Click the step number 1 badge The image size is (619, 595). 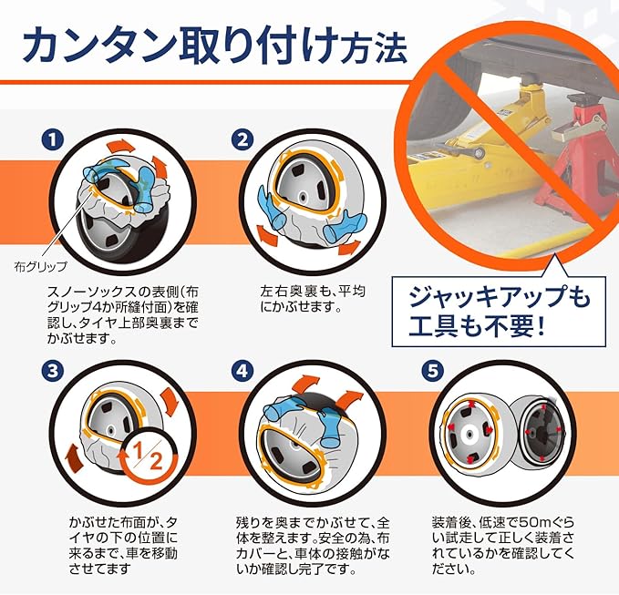tap(53, 140)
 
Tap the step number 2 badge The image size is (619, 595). tap(242, 140)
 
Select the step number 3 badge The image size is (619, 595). tap(53, 371)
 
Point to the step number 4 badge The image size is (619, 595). tap(242, 371)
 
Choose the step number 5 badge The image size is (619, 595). tap(433, 371)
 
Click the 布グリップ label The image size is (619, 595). tap(40, 267)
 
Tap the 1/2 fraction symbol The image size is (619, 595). tap(148, 457)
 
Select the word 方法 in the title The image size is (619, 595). tap(375, 49)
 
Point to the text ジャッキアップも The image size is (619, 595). tap(499, 298)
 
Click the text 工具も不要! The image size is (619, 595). tap(477, 326)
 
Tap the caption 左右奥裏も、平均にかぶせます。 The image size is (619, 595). tap(313, 299)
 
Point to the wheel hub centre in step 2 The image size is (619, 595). tap(304, 196)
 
